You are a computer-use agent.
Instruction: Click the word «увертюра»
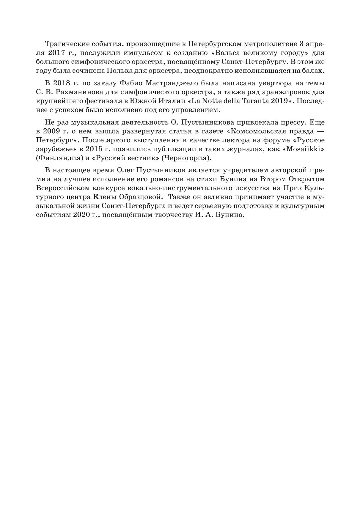(x=257, y=83)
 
